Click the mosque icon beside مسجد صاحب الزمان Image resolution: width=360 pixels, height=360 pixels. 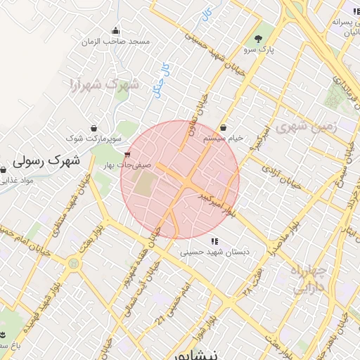pyautogui.click(x=116, y=30)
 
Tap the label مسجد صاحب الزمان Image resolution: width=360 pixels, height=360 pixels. pyautogui.click(x=116, y=42)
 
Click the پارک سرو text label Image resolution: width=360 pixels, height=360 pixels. pyautogui.click(x=257, y=51)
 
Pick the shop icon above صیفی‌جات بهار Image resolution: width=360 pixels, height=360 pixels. pyautogui.click(x=127, y=155)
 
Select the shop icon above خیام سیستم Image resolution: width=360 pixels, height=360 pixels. pyautogui.click(x=224, y=128)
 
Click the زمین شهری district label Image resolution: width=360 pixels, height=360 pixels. pyautogui.click(x=307, y=127)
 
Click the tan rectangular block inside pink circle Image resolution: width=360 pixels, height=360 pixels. pyautogui.click(x=144, y=184)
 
